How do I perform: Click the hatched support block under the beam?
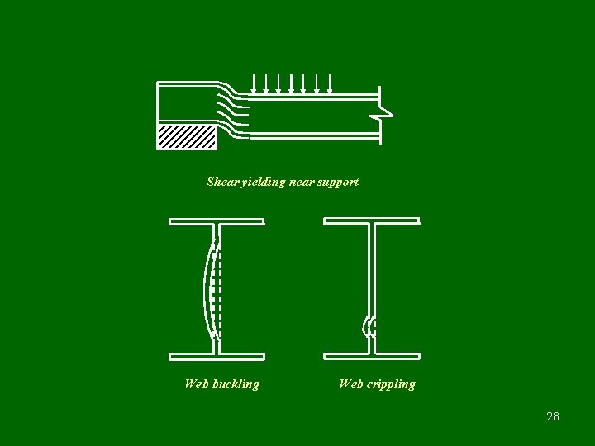(187, 136)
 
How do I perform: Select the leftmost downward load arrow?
(252, 83)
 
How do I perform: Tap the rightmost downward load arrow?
(330, 83)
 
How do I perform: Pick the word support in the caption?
(339, 182)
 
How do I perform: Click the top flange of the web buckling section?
(217, 221)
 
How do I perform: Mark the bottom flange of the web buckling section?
(217, 357)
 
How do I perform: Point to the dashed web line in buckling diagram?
(218, 289)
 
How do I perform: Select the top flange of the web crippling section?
(371, 221)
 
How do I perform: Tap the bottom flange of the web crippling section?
(371, 356)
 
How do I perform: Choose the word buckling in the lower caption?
(236, 384)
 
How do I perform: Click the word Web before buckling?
(197, 384)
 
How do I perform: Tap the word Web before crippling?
(351, 384)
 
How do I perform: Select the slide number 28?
(553, 416)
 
